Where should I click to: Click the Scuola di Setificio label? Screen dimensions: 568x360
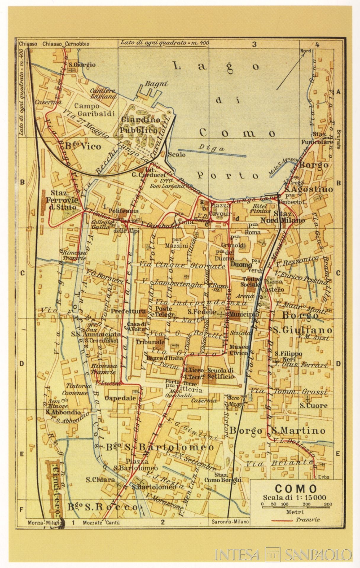pyautogui.click(x=220, y=373)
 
